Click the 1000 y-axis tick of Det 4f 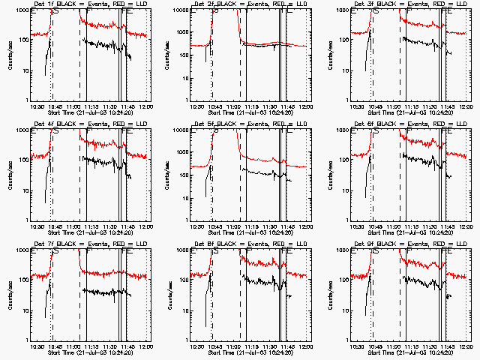click(x=22, y=130)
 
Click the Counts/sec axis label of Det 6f click(x=330, y=176)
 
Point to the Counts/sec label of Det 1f click(x=9, y=56)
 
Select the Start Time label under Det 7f click(x=90, y=352)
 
